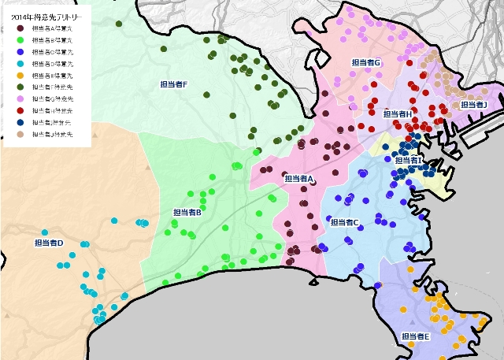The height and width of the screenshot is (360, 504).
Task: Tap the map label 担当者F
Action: (173, 84)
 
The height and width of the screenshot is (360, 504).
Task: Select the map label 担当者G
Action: (366, 62)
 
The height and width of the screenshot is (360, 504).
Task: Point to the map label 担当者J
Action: (474, 104)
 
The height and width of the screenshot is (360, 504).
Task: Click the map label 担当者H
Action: (398, 113)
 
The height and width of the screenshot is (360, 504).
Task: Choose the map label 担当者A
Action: (299, 179)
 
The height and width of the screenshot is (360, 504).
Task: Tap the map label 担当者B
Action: (187, 212)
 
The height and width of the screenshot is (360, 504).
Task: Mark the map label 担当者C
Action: (345, 222)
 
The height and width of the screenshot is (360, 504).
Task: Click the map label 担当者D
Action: (49, 243)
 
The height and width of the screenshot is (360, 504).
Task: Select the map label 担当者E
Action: (415, 336)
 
